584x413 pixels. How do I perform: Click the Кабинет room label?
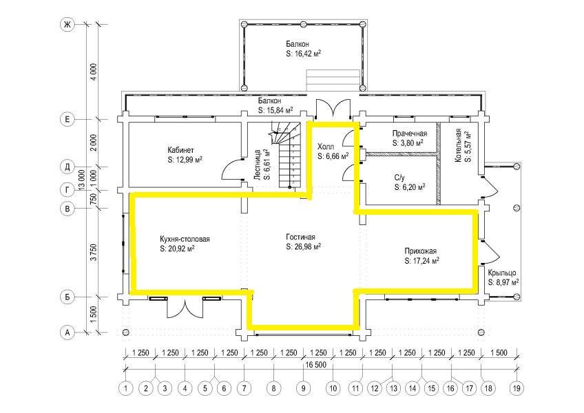(180, 151)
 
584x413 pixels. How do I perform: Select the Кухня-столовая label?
(185, 239)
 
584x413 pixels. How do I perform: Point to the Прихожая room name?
(421, 252)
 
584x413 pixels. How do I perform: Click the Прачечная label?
(410, 134)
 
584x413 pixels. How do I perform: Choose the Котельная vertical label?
(458, 146)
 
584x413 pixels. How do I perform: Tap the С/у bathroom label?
(399, 178)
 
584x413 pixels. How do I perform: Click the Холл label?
(326, 146)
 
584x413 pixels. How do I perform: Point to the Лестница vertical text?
(257, 166)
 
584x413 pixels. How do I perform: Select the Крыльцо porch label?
(502, 273)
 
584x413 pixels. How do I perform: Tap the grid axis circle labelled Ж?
(67, 25)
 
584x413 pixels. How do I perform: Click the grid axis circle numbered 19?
(517, 388)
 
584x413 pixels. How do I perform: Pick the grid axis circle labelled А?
(67, 332)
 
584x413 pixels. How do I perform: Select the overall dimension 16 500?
(315, 365)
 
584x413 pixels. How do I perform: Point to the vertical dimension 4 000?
(94, 72)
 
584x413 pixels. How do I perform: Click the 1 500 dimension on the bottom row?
(499, 352)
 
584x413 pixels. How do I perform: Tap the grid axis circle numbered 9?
(303, 388)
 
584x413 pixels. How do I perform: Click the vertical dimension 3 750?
(94, 252)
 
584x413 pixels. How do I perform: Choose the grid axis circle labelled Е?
(67, 119)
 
